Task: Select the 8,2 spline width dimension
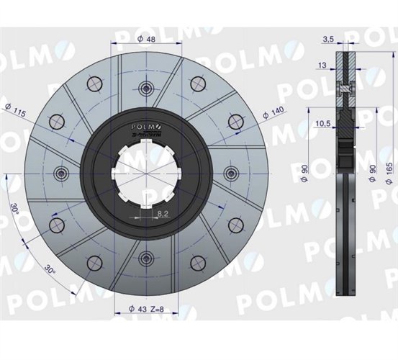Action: click(162, 215)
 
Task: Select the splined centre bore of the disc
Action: click(146, 173)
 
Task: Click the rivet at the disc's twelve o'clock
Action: click(146, 89)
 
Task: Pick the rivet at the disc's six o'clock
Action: click(146, 258)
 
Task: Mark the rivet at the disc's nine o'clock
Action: click(61, 173)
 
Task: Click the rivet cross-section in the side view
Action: click(346, 88)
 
